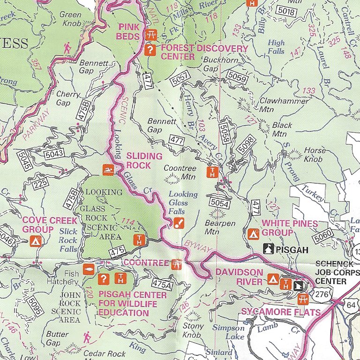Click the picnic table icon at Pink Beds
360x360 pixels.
151,35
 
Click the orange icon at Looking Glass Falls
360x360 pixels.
178,223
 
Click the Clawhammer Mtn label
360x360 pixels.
277,105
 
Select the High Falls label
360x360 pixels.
276,47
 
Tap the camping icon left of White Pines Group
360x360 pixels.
255,232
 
